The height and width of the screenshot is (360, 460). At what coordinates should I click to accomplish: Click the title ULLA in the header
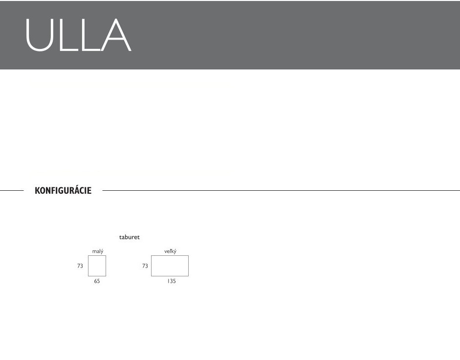(78, 35)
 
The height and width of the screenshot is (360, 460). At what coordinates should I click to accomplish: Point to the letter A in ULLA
(115, 35)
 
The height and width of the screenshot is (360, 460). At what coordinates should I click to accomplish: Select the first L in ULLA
(69, 35)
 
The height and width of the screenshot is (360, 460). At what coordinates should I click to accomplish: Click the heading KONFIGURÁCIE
(63, 190)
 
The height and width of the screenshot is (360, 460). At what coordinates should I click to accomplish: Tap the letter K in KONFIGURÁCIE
(37, 191)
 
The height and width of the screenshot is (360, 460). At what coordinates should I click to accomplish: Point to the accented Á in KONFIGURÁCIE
(76, 190)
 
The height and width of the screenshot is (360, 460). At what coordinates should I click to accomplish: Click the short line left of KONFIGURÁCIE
(12, 191)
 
